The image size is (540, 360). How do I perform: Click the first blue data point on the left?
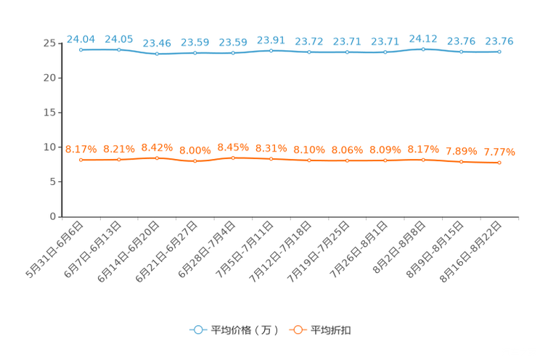[81, 49]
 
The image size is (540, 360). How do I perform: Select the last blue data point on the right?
[499, 52]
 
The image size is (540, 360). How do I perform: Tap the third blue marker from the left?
[157, 54]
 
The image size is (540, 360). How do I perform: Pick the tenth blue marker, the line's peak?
[423, 49]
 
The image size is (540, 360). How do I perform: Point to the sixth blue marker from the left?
[271, 50]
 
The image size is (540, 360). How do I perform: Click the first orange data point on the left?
[81, 159]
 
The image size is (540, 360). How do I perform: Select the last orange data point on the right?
[499, 163]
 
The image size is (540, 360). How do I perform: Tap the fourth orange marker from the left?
[195, 160]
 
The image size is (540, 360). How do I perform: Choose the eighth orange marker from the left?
[347, 160]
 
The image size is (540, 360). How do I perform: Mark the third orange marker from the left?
[157, 157]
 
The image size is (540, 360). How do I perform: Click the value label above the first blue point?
[81, 38]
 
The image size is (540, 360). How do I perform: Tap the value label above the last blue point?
[499, 41]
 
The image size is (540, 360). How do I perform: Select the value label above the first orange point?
[81, 149]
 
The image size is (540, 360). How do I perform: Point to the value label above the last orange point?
[499, 152]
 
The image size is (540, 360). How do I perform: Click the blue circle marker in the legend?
[197, 330]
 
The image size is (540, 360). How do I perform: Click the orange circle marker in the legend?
[296, 330]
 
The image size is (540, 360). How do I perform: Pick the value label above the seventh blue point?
[309, 41]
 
